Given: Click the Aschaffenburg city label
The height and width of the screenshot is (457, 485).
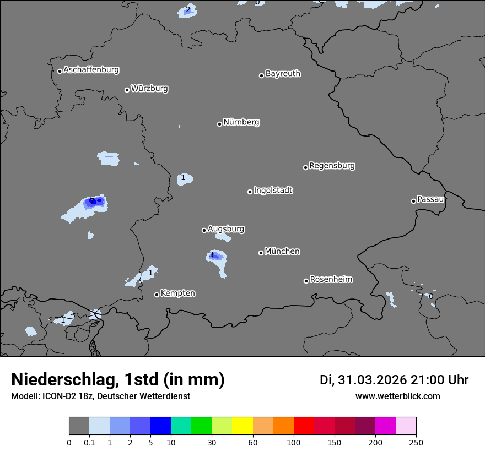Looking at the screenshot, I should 91,70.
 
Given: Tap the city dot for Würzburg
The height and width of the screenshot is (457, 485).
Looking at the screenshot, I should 127,90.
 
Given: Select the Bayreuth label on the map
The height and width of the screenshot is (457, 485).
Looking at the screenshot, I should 283,74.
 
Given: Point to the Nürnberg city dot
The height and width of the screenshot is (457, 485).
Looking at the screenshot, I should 219,124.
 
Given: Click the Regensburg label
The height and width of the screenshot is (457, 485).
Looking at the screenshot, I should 332,166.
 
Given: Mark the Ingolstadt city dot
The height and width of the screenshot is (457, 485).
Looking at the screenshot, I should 250,192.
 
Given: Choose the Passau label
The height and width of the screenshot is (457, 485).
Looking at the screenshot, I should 430,199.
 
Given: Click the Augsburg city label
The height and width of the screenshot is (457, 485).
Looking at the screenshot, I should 226,229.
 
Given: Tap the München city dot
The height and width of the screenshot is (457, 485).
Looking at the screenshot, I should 261,253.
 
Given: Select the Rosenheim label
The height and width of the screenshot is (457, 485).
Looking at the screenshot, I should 331,280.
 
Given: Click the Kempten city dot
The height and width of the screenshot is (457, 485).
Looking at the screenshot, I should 157,295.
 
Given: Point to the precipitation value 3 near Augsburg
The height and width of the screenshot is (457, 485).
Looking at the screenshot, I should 211,254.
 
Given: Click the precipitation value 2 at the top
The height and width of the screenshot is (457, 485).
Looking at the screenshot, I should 188,9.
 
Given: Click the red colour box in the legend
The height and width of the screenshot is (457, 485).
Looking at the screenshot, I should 304,426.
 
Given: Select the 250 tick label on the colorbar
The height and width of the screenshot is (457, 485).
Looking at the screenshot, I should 416,443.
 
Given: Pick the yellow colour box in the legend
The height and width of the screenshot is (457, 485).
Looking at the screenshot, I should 242,426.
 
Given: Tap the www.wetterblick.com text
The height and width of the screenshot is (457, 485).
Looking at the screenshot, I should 397,396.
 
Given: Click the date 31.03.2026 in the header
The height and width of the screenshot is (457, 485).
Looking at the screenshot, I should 373,380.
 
